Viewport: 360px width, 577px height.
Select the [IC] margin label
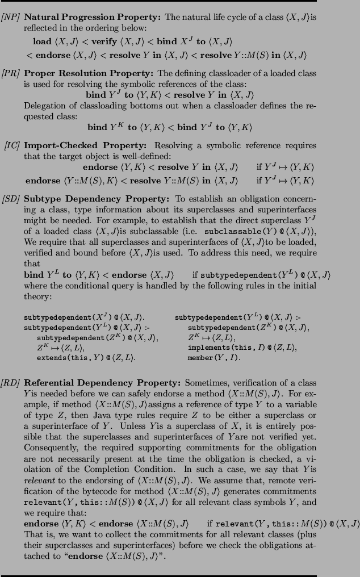12,144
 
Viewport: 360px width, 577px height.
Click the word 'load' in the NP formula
42,41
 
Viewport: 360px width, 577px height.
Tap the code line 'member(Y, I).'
214,358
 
